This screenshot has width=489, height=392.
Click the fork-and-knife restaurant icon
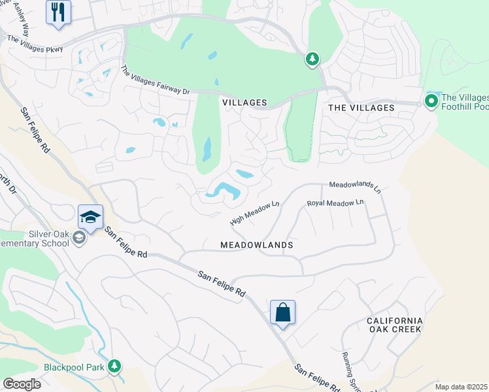click(x=58, y=12)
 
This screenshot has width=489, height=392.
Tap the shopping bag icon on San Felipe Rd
click(x=282, y=312)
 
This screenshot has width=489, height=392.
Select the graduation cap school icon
click(x=91, y=217)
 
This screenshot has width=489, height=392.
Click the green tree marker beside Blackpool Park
click(x=115, y=366)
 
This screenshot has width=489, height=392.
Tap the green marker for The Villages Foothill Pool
click(x=431, y=101)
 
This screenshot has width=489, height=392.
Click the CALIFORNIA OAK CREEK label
click(x=394, y=325)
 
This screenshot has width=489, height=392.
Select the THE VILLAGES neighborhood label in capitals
click(x=361, y=108)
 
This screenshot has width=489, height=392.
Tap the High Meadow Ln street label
click(x=255, y=214)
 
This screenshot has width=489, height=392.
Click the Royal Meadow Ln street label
click(x=335, y=204)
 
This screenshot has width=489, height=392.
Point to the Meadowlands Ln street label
click(x=355, y=187)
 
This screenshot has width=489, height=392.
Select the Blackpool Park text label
click(x=74, y=367)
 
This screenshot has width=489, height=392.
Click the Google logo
click(x=22, y=384)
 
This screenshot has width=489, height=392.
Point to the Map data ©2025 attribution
click(x=461, y=387)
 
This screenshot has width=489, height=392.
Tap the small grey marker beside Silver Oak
click(x=79, y=238)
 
